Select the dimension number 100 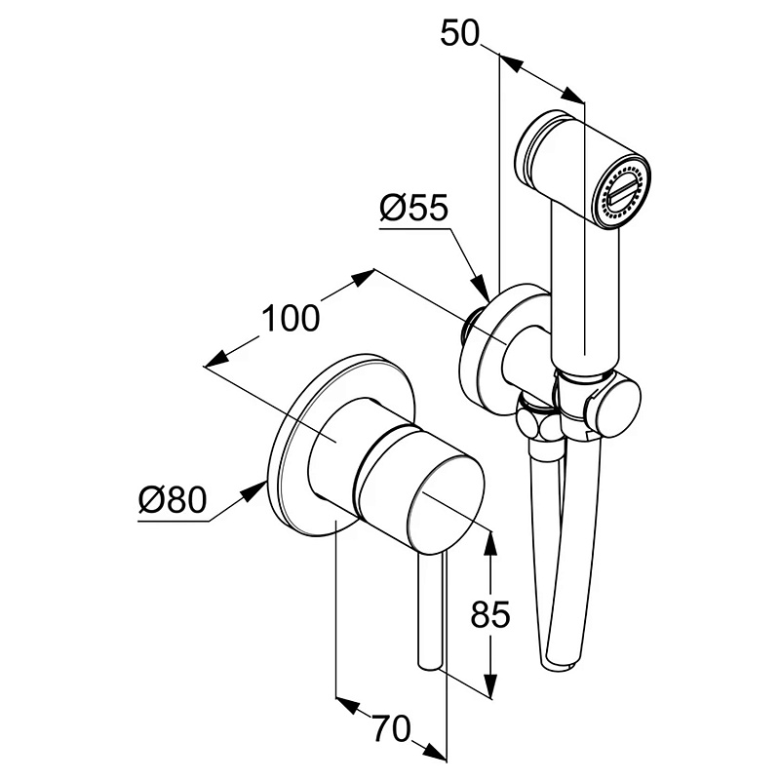[290, 318]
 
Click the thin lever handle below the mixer [429, 614]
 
